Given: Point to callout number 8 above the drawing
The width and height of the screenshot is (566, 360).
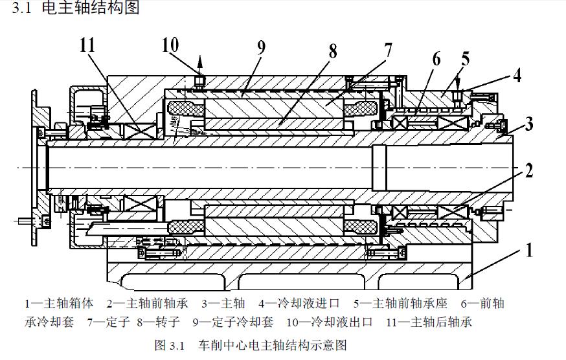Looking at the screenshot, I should [x=332, y=52].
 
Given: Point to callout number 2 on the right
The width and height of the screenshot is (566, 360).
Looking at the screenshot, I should [x=529, y=171].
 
